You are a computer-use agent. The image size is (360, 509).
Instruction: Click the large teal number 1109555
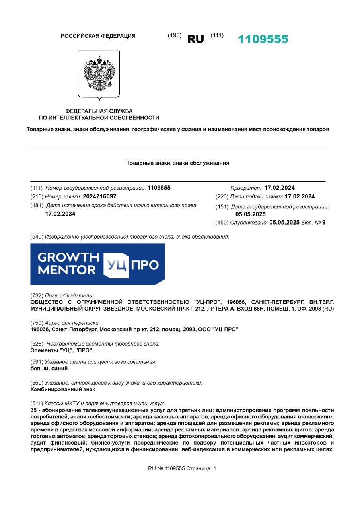pyautogui.click(x=263, y=39)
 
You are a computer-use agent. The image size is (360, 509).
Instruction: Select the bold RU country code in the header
pyautogui.click(x=195, y=39)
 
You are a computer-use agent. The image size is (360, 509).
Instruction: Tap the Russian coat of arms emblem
pyautogui.click(x=99, y=74)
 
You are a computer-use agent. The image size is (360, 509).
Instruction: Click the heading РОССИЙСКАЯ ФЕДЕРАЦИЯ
pyautogui.click(x=98, y=36)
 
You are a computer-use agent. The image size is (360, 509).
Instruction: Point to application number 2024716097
pyautogui.click(x=99, y=196)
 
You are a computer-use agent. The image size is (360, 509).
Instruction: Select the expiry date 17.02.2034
pyautogui.click(x=60, y=214)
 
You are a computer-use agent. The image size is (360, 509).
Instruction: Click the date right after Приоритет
pyautogui.click(x=280, y=188)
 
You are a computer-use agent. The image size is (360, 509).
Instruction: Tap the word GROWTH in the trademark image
pyautogui.click(x=68, y=257)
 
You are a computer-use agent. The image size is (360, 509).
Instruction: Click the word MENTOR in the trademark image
pyautogui.click(x=66, y=270)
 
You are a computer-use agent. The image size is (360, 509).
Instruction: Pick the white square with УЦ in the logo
pyautogui.click(x=116, y=264)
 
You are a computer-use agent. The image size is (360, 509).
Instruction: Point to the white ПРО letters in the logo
pyautogui.click(x=145, y=264)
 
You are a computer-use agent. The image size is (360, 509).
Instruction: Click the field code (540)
pyautogui.click(x=37, y=237)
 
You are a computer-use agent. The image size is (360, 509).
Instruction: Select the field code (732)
pyautogui.click(x=37, y=295)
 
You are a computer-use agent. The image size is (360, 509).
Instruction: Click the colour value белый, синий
pyautogui.click(x=49, y=369)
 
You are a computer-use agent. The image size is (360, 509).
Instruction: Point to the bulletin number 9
pyautogui.click(x=323, y=223)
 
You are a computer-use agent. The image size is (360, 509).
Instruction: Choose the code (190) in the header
pyautogui.click(x=175, y=35)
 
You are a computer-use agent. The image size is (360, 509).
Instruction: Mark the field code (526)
pyautogui.click(x=37, y=343)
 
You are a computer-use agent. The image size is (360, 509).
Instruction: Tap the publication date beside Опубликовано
pyautogui.click(x=284, y=223)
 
